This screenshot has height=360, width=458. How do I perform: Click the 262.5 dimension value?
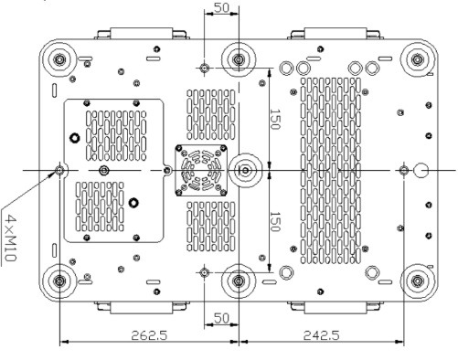pos(149,335)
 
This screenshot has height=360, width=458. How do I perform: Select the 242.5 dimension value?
pos(321,335)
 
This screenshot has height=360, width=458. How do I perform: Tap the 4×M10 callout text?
pos(12,238)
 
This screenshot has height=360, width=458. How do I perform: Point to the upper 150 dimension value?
pos(275,119)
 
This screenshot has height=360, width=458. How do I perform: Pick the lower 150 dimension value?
pos(275,222)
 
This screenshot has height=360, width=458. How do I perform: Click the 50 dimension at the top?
pos(221,7)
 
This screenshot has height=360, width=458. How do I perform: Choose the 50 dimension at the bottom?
pos(221,318)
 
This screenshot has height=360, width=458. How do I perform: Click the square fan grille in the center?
pos(201,171)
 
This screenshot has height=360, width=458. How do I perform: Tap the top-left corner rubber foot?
pos(59,59)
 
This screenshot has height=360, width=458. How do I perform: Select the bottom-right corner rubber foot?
pos(417,281)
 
